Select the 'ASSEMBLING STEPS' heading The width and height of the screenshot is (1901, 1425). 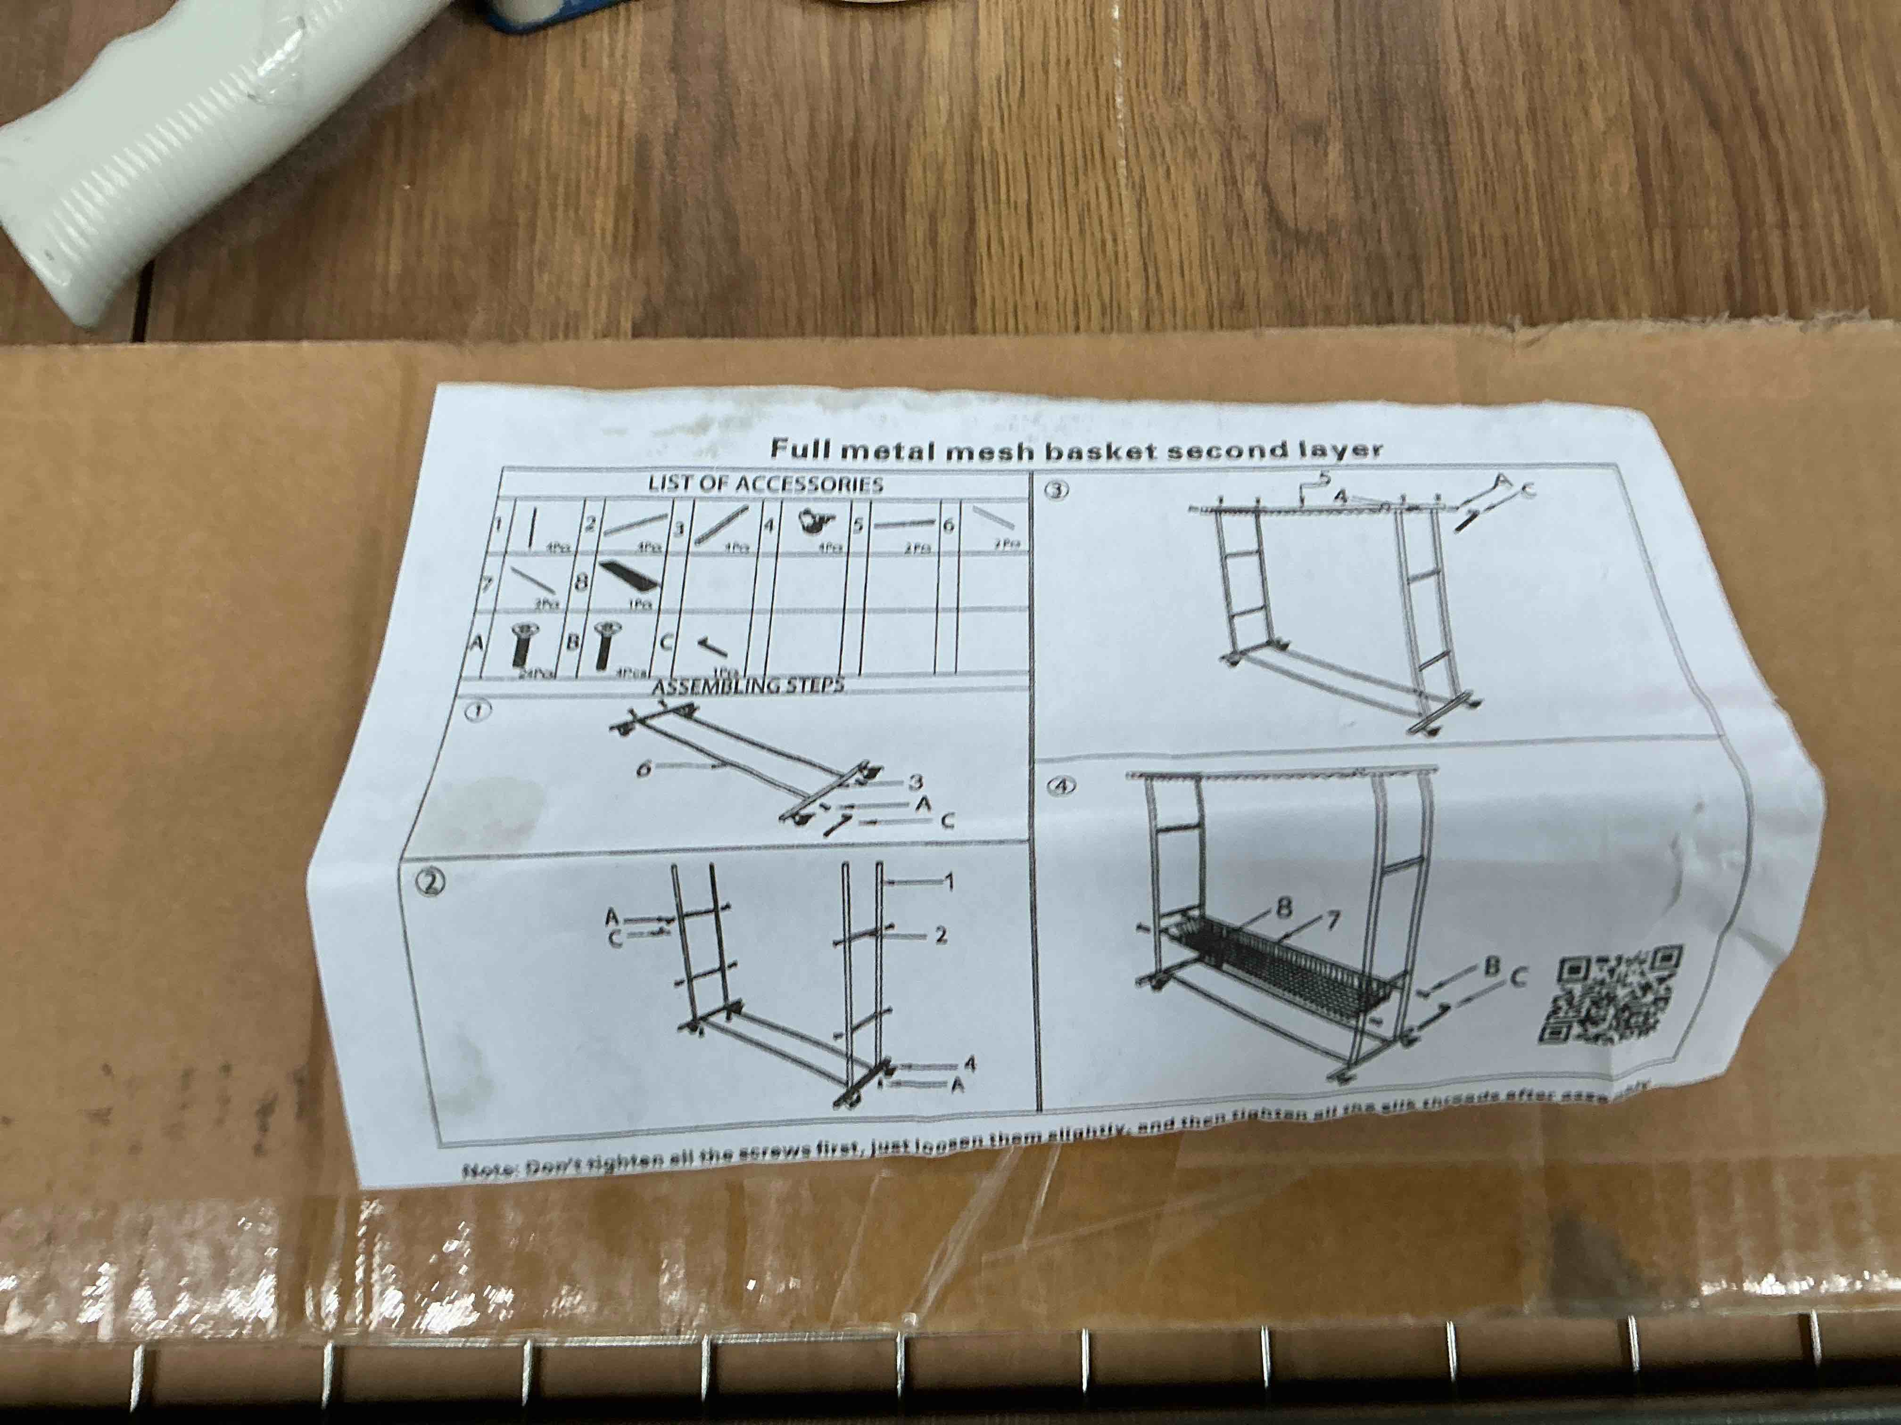[x=748, y=686]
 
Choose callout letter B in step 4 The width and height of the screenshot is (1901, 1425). [x=1491, y=966]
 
